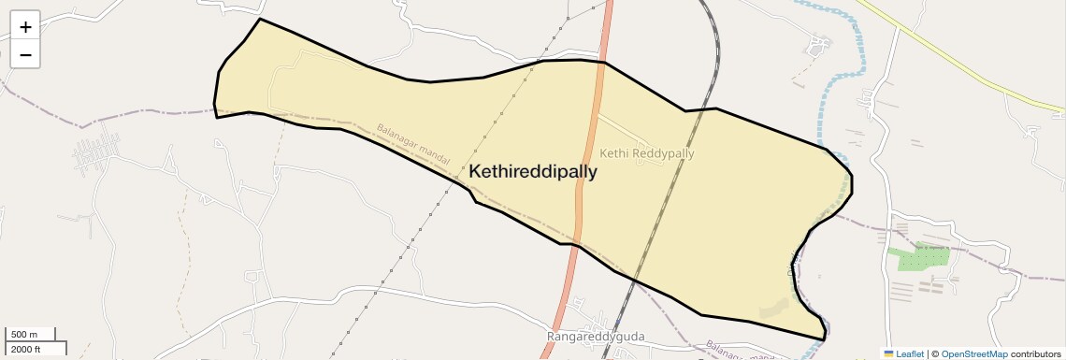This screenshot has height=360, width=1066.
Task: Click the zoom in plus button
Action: coord(25,27)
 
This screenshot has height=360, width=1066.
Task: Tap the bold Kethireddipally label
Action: coord(532,172)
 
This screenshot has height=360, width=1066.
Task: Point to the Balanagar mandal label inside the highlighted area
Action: coord(414,142)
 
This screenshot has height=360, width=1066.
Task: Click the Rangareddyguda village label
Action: coord(596,336)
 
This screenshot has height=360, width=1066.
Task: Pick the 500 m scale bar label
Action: coord(24,335)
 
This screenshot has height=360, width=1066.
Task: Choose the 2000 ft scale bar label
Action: coord(25,349)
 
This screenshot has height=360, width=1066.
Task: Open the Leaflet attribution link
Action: coord(910,353)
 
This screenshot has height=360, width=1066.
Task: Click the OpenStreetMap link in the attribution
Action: coord(973,353)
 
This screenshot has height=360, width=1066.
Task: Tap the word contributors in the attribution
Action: coord(1035,353)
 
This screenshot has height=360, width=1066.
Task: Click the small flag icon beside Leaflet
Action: coord(888,353)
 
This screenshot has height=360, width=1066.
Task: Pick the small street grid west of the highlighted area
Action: coord(96,150)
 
